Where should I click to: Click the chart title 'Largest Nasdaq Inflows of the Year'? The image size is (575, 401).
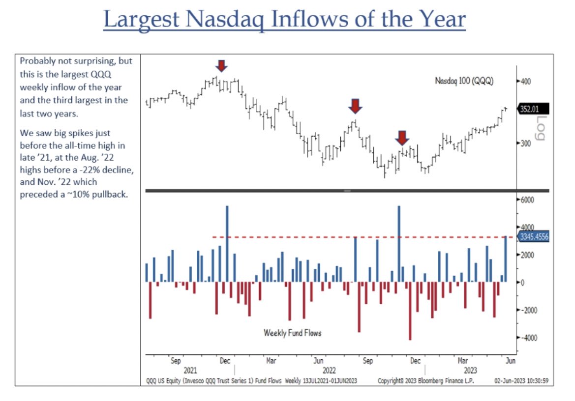284,20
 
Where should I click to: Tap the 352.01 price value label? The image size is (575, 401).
533,109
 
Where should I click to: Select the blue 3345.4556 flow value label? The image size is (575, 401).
533,237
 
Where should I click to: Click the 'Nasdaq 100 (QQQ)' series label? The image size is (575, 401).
464,81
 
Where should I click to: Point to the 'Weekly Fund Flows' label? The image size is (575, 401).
293,333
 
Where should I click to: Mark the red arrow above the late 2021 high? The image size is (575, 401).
221,66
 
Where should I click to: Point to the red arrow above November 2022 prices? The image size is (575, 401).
402,138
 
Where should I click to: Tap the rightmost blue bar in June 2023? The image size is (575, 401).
506,259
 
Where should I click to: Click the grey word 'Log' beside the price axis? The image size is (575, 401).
540,128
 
